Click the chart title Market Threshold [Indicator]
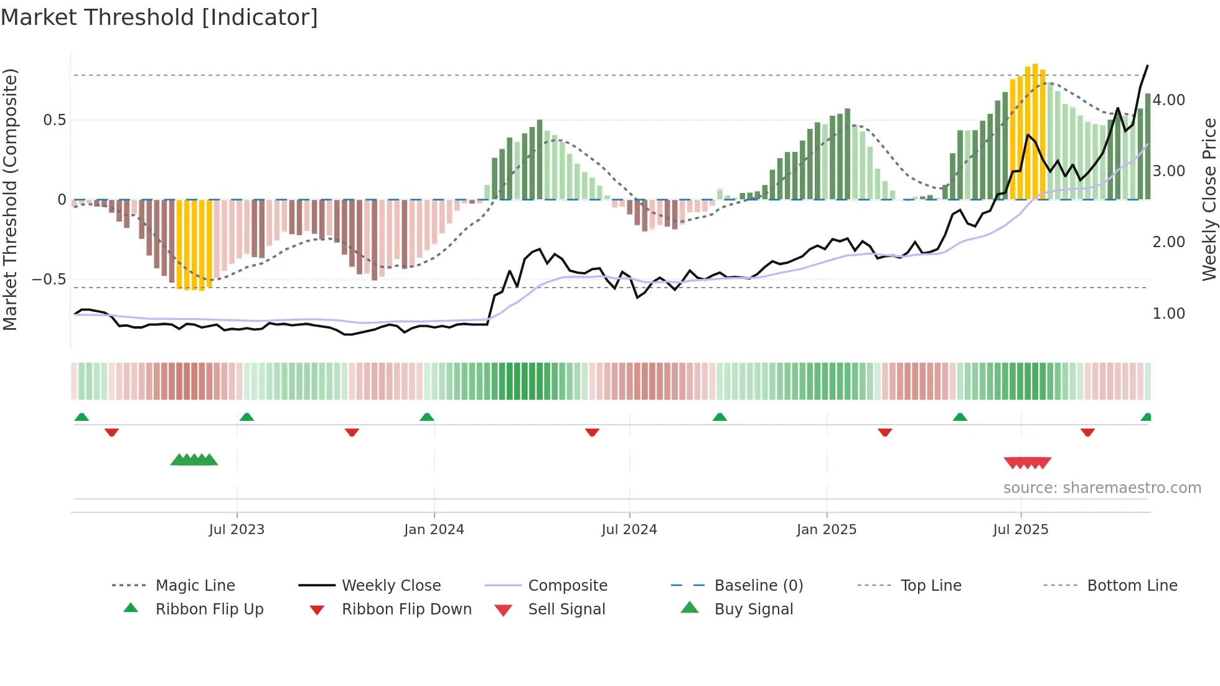coord(159,17)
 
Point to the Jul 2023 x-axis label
coord(237,530)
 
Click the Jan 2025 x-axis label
coord(827,530)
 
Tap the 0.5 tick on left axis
coord(55,120)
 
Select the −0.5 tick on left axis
coord(49,280)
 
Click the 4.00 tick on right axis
coord(1168,100)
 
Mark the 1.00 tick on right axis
coord(1168,314)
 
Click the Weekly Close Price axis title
coord(1209,199)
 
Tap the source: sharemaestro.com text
coord(1102,488)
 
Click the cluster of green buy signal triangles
coord(194,460)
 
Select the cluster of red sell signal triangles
coord(1027,463)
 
